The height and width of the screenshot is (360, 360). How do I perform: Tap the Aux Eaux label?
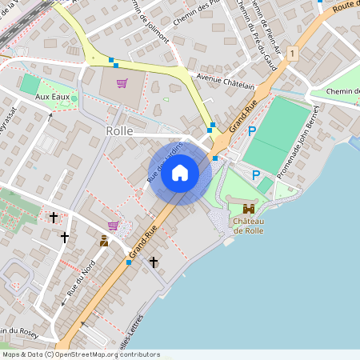51,97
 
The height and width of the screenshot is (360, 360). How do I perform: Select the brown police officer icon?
104,240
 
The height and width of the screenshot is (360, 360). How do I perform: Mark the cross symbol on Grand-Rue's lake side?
154,262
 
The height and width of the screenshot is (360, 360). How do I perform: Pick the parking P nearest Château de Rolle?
256,175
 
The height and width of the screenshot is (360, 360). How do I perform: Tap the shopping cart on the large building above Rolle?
122,83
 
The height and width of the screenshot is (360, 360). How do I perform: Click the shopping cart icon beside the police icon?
113,226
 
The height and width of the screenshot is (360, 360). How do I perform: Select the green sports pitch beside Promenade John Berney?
277,132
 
